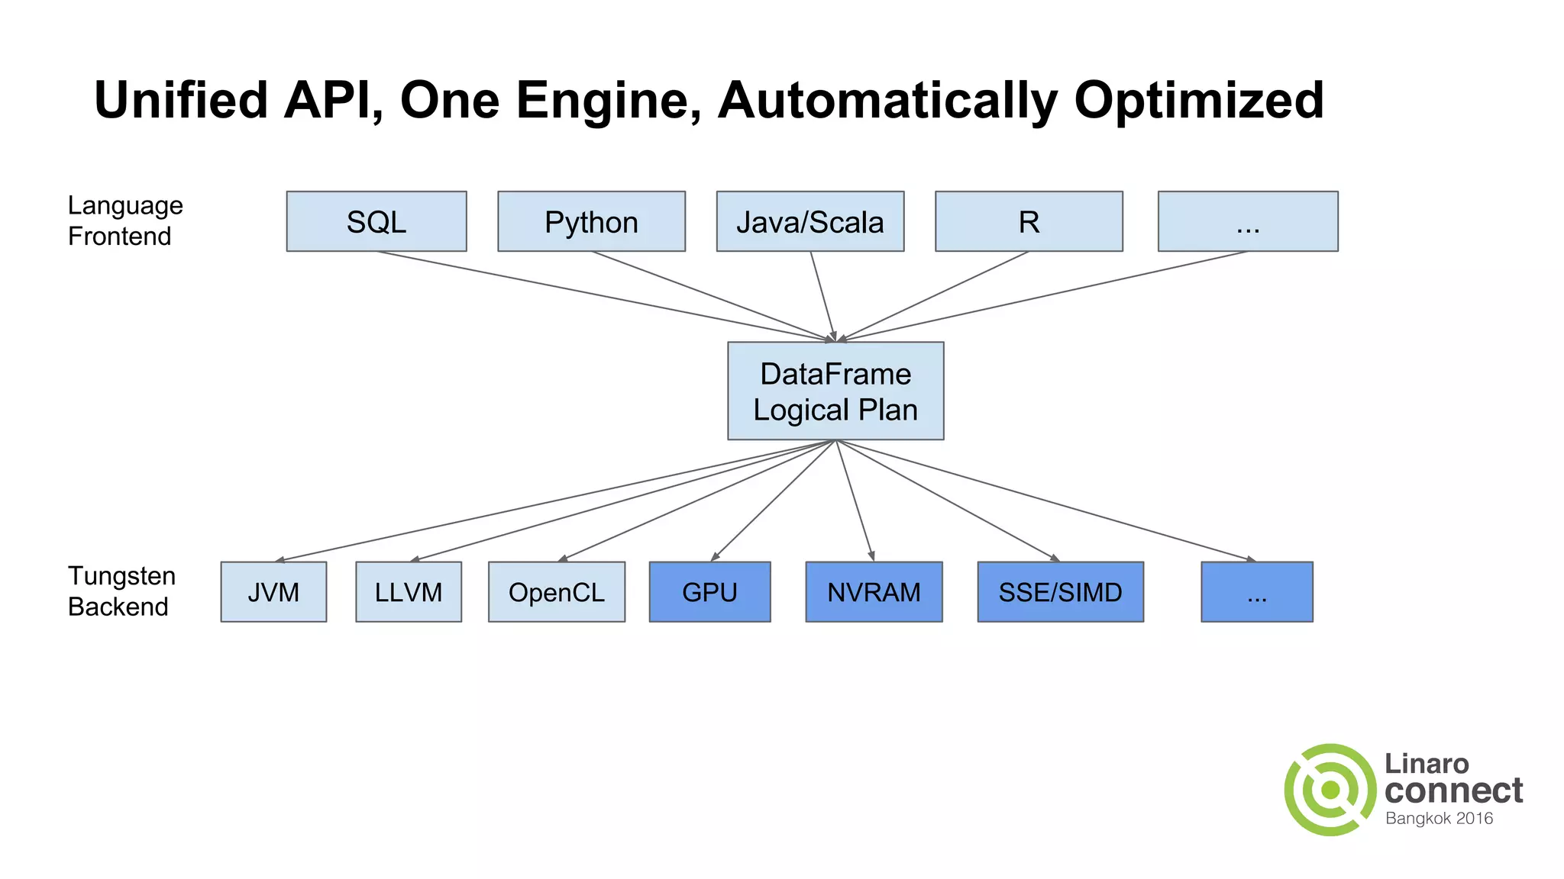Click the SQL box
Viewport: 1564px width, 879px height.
point(376,221)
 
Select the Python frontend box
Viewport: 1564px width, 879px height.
point(591,221)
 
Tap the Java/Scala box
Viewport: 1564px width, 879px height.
point(809,221)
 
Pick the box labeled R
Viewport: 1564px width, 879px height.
point(1029,221)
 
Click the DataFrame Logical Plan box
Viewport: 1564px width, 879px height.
point(835,391)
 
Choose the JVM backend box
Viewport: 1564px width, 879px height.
point(273,592)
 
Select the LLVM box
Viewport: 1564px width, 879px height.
point(408,592)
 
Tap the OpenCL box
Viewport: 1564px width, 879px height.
point(556,592)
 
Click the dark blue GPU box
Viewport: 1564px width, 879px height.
point(709,592)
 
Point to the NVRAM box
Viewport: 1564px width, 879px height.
point(874,592)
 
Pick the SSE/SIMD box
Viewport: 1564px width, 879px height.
point(1060,592)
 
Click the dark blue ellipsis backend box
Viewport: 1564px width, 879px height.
point(1256,592)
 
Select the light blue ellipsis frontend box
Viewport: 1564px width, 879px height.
point(1248,221)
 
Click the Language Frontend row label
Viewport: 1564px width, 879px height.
point(124,221)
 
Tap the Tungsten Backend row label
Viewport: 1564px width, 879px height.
point(121,591)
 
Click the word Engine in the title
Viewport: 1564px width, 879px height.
point(608,101)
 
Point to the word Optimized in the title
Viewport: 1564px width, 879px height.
point(1198,101)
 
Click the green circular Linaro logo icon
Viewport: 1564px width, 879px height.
point(1330,790)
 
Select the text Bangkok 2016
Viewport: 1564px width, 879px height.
point(1439,819)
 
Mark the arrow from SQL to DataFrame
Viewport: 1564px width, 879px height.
point(603,296)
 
